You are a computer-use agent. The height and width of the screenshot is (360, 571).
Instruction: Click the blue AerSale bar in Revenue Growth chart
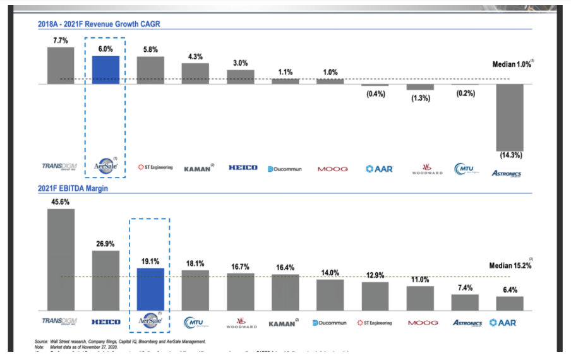105,70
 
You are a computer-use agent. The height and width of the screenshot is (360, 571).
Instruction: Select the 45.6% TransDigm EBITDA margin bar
61,259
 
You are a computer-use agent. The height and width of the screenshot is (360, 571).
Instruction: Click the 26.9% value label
105,244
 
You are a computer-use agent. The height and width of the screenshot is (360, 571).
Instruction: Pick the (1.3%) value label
420,98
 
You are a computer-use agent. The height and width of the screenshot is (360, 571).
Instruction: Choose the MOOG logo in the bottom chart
423,323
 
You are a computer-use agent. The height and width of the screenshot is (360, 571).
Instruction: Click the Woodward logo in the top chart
423,169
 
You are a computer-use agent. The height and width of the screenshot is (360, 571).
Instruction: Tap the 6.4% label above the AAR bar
510,290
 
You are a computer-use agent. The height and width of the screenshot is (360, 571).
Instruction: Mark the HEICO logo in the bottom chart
105,322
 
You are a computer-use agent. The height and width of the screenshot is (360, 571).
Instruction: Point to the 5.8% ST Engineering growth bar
150,70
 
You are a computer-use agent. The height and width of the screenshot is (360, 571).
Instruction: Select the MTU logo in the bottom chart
195,323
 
